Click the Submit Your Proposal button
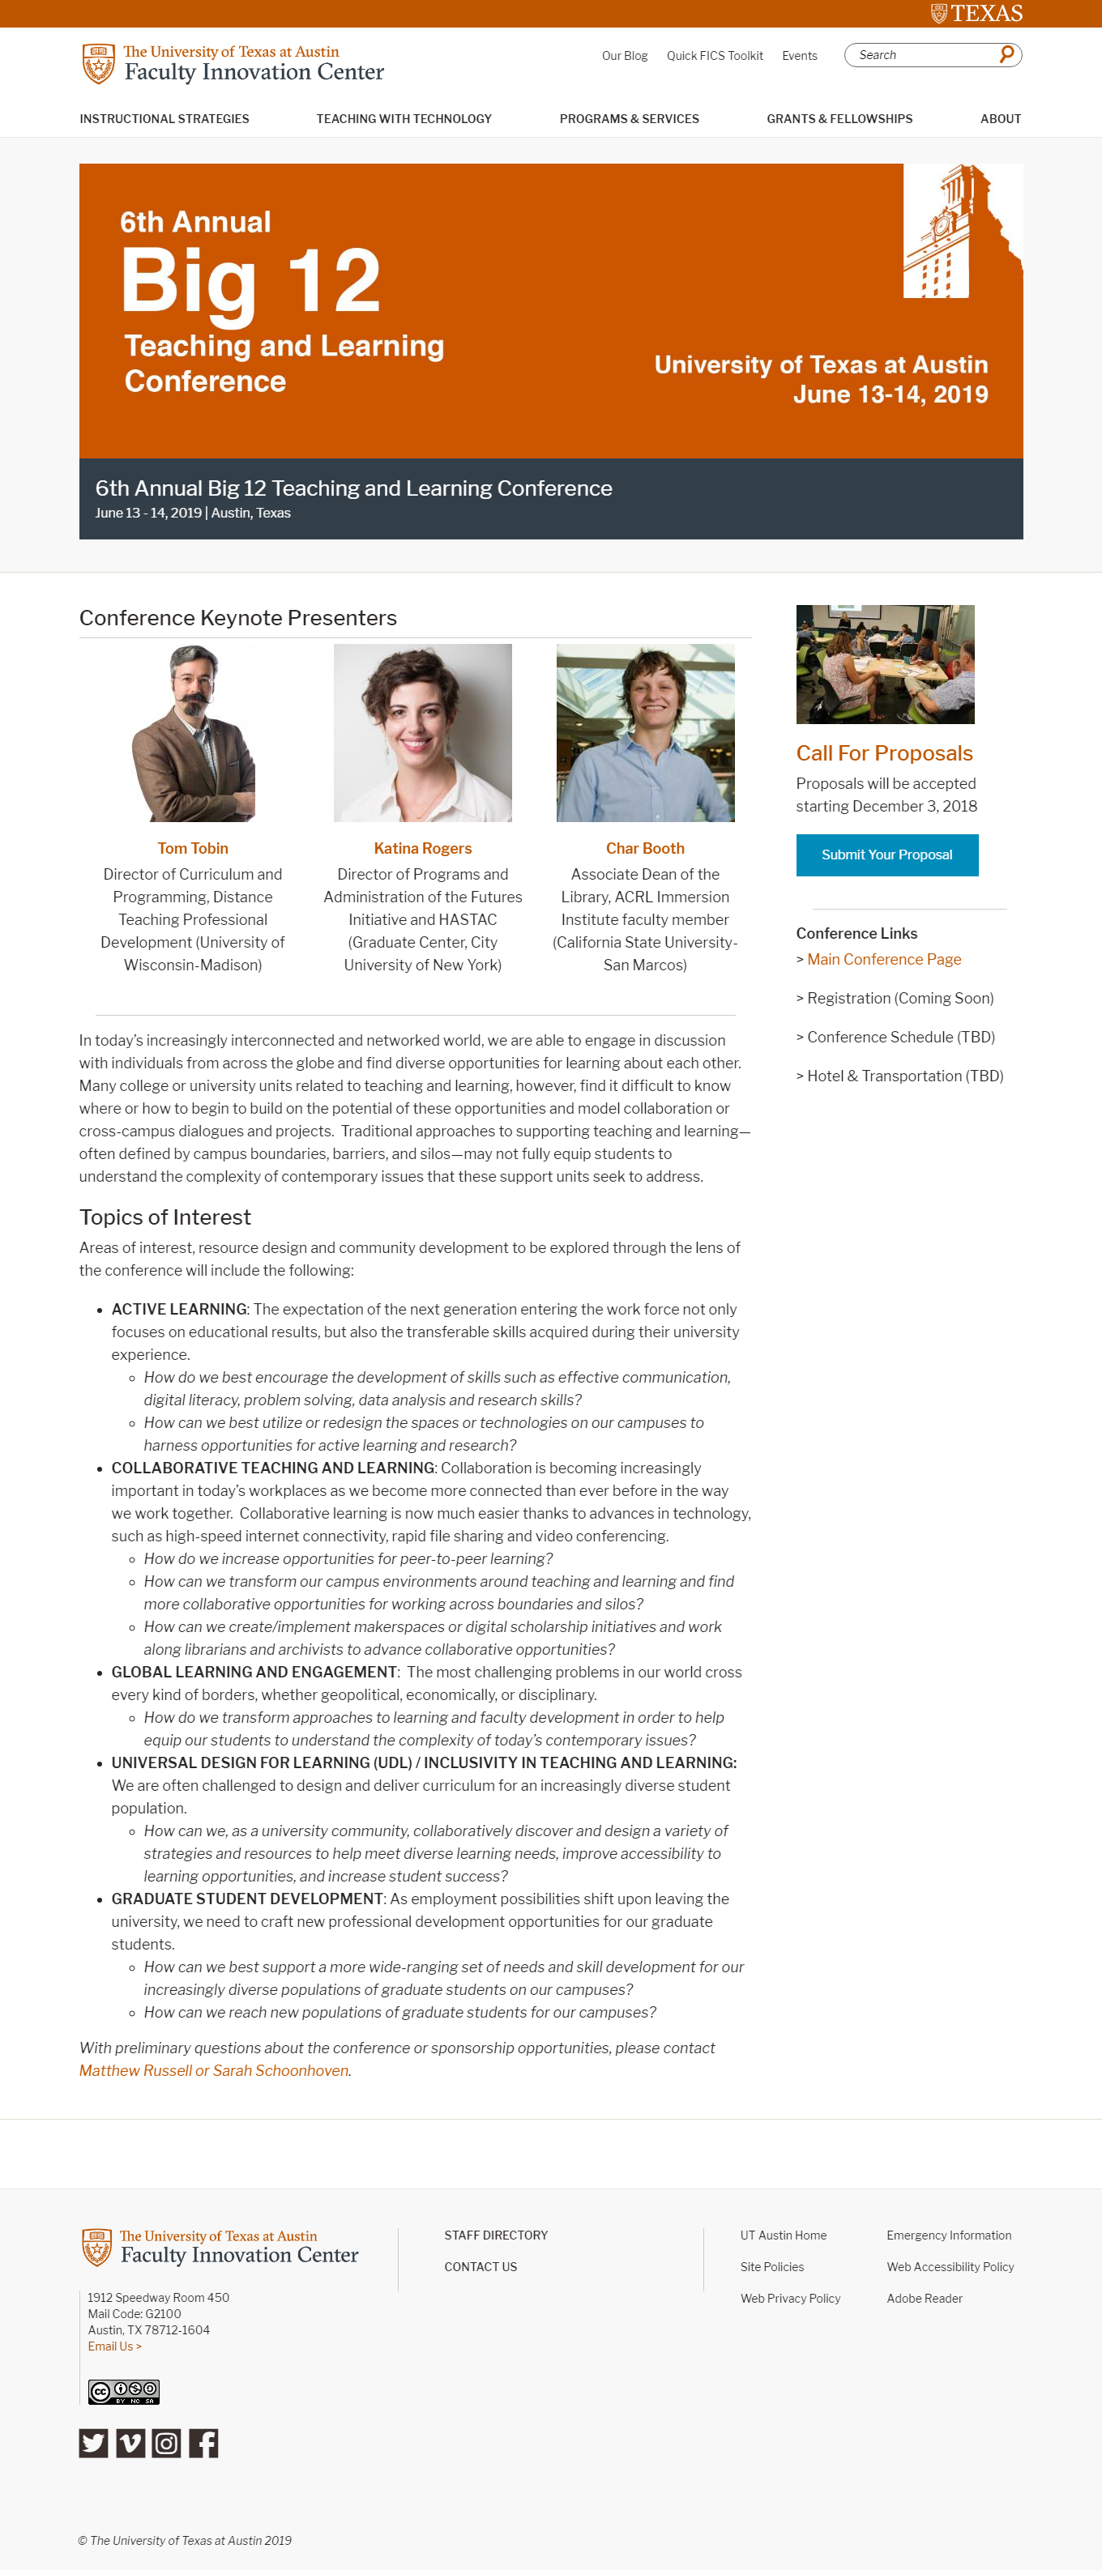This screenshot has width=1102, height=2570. [886, 855]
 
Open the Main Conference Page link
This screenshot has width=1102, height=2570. [883, 959]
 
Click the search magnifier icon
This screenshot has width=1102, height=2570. [1006, 54]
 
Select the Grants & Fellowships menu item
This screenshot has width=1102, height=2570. [839, 119]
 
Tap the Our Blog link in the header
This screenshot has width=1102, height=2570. [624, 56]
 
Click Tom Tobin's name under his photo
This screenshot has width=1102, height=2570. [193, 848]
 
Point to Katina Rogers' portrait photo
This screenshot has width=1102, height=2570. [422, 732]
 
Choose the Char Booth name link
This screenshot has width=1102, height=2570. [645, 848]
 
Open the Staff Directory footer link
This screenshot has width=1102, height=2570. [495, 2235]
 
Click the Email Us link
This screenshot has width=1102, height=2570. [113, 2346]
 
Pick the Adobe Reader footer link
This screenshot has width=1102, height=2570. [923, 2298]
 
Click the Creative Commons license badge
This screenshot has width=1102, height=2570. [124, 2392]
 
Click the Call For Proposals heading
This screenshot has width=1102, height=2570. [883, 753]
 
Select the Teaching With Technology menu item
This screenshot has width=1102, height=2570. [404, 119]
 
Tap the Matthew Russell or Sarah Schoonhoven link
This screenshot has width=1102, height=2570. [214, 2070]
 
